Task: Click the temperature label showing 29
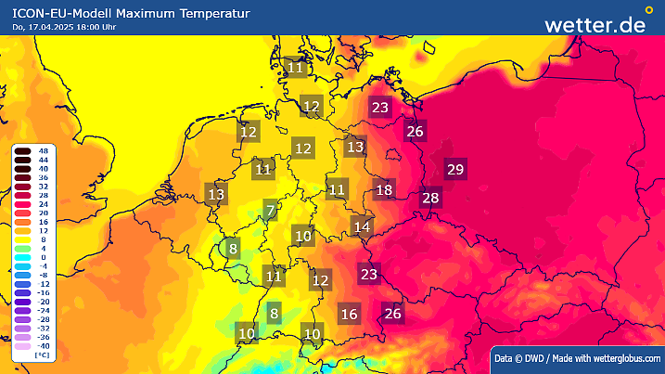[x=454, y=169]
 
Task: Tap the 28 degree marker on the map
[x=430, y=197]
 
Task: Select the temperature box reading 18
[x=384, y=190]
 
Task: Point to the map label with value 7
[x=270, y=210]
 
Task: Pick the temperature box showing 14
[x=362, y=226]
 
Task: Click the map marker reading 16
[x=349, y=314]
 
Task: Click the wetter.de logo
[x=594, y=24]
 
